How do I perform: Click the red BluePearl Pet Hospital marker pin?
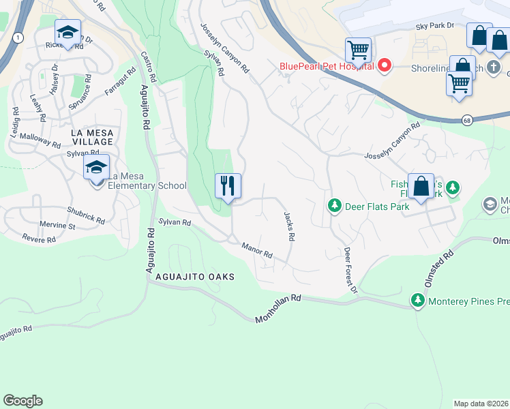[385, 66]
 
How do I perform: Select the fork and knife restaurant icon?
[228, 185]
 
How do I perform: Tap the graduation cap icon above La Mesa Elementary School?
[96, 168]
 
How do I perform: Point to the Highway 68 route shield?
[466, 119]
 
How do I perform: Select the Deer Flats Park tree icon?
[334, 205]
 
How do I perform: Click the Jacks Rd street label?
[289, 226]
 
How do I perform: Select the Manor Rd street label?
[258, 250]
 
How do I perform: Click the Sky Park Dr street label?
[434, 25]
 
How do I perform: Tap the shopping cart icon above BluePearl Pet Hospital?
[358, 50]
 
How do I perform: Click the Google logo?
[22, 401]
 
